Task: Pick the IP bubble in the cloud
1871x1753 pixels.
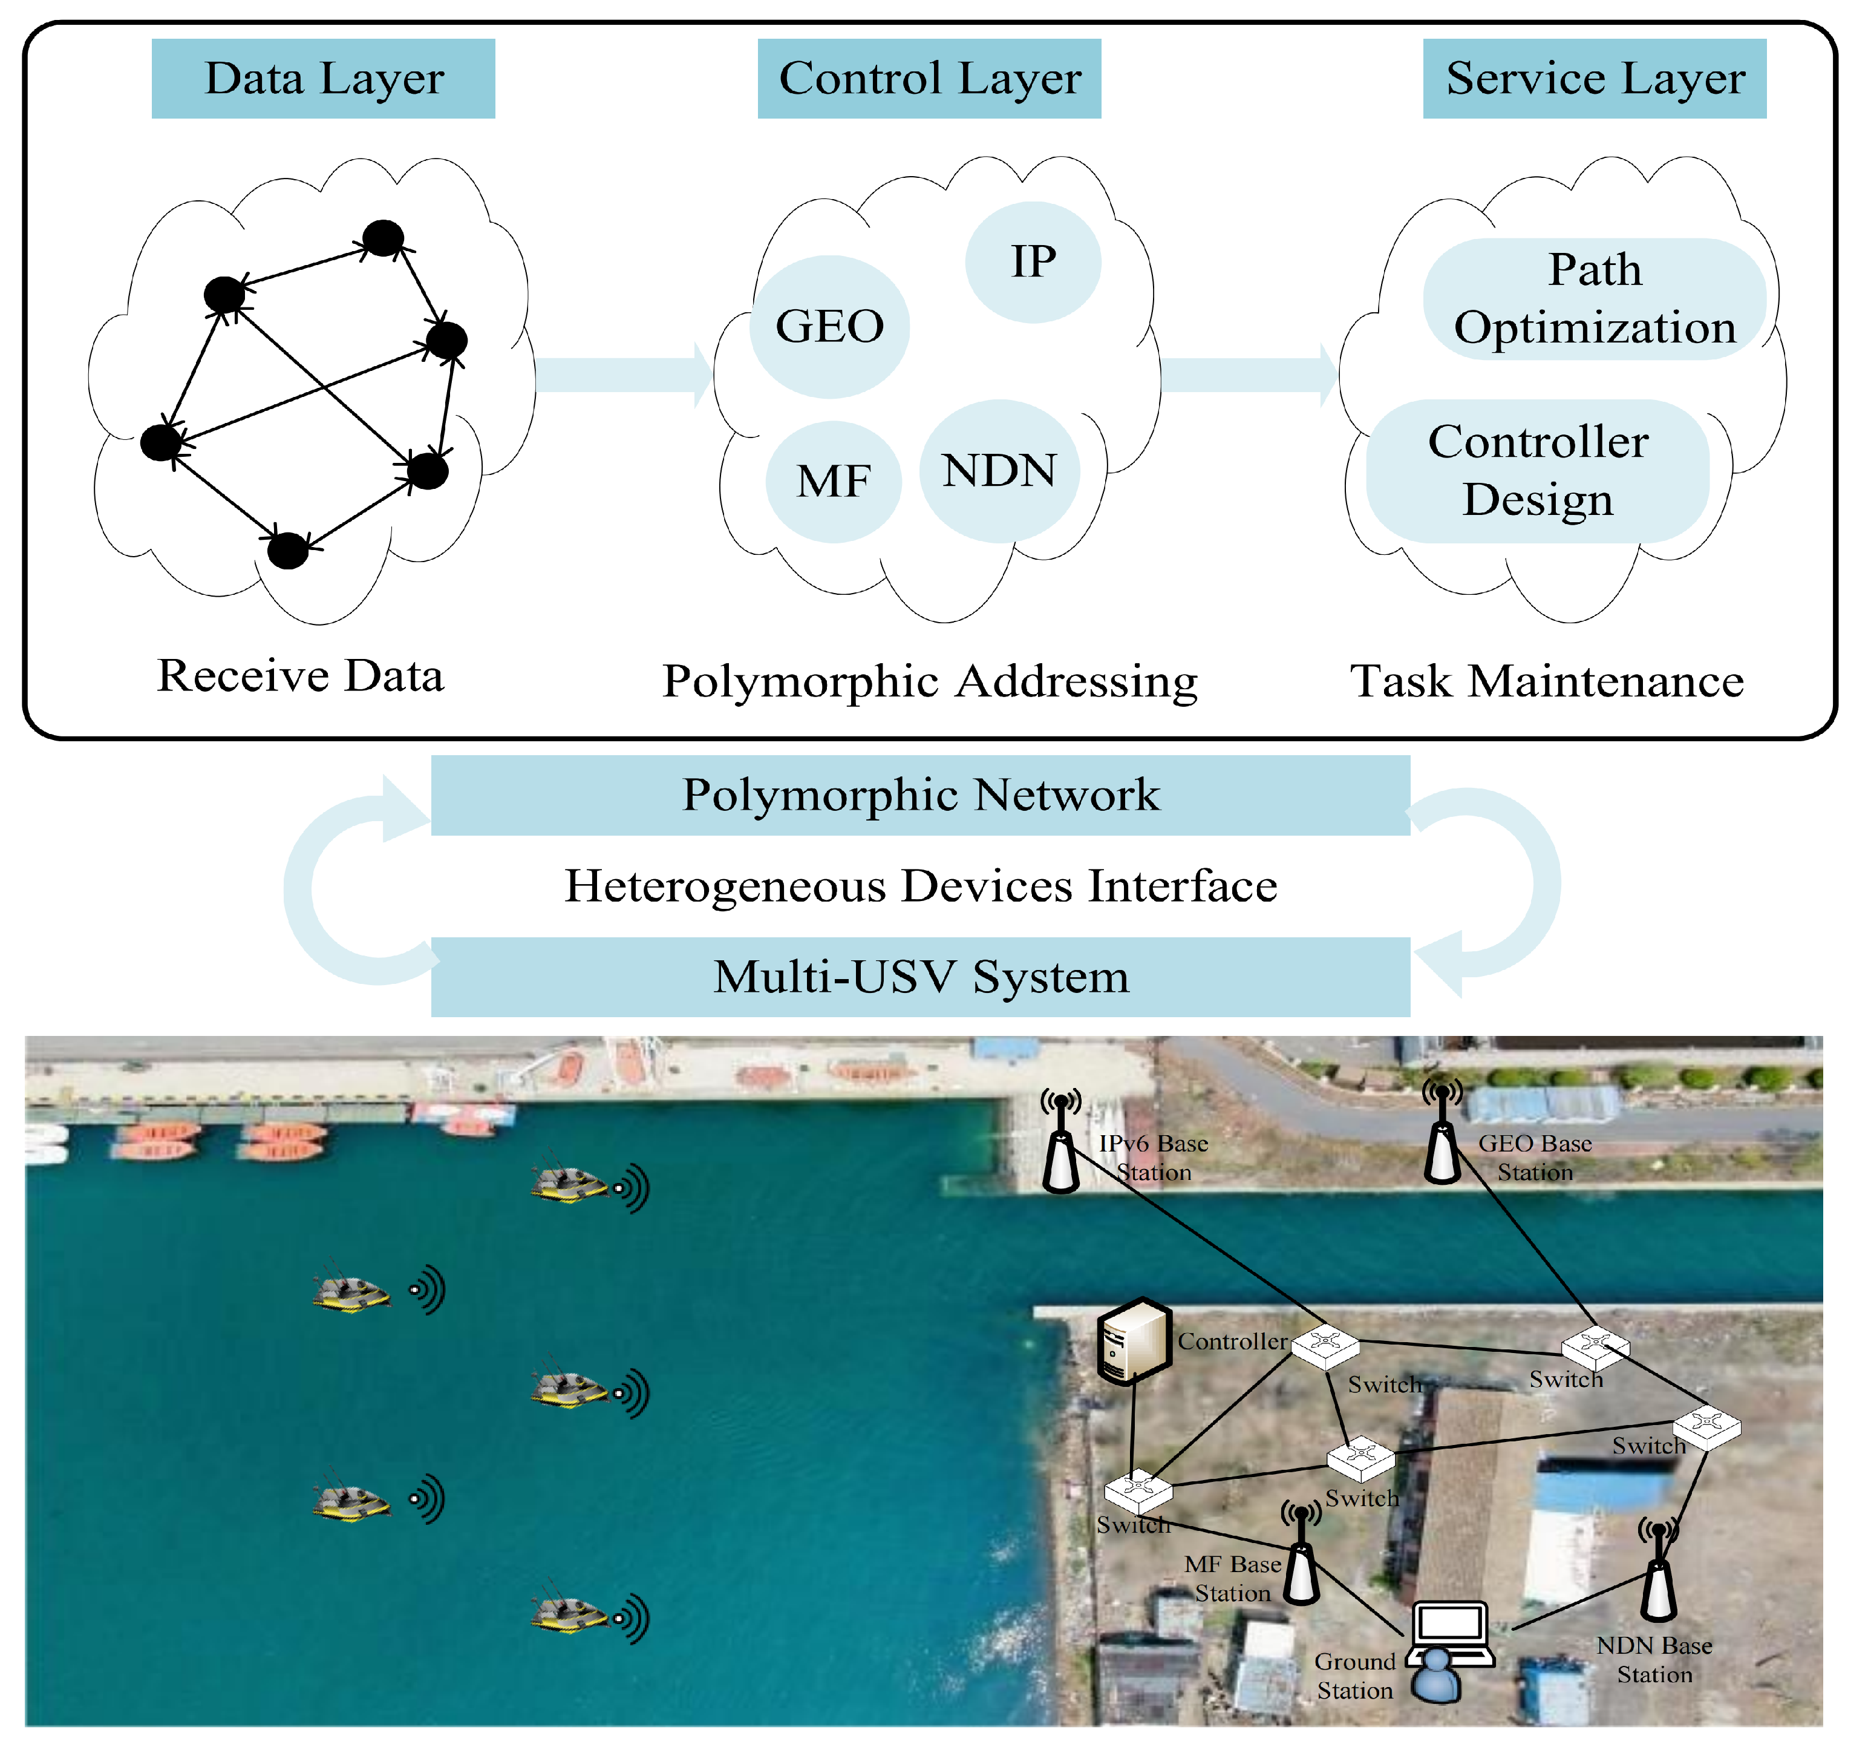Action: click(x=1033, y=262)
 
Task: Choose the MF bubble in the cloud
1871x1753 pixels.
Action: click(x=833, y=481)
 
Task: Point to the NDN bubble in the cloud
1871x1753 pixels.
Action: click(x=999, y=471)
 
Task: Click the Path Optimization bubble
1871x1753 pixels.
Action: click(x=1595, y=298)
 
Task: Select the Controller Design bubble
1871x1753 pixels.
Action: click(x=1537, y=471)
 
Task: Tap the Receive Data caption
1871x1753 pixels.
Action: click(x=300, y=675)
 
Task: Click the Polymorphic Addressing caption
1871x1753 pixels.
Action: click(x=930, y=681)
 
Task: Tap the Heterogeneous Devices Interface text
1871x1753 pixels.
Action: click(x=921, y=886)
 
